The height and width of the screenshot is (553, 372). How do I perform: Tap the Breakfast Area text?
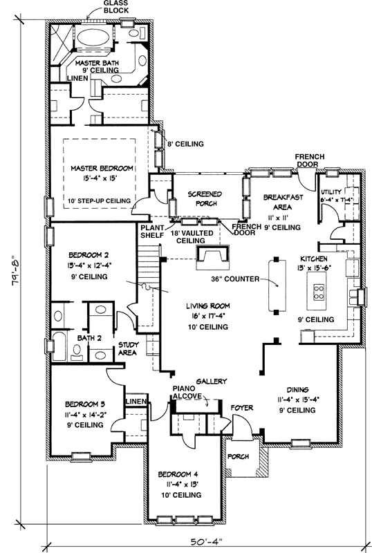[x=283, y=202]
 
